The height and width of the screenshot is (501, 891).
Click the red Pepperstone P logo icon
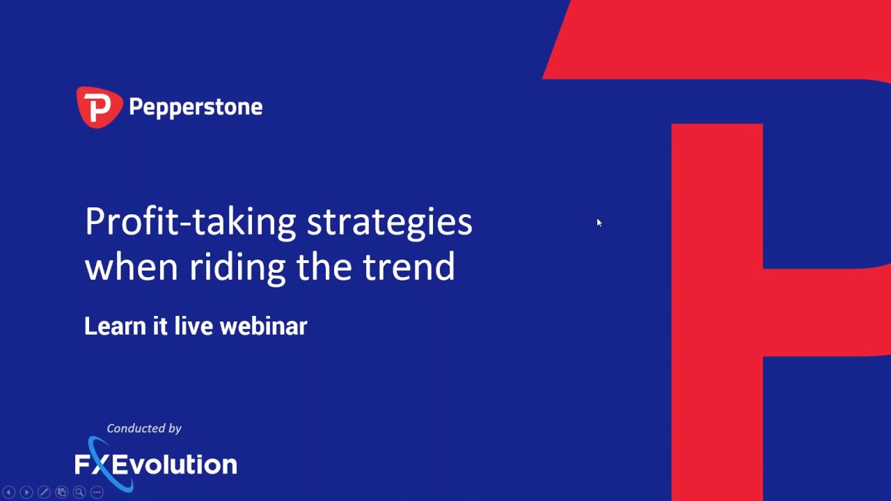[x=99, y=107]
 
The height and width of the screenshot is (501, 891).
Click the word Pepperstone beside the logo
[x=196, y=107]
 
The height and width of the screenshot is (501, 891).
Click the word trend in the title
[x=409, y=267]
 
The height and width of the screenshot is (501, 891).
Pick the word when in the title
[x=132, y=267]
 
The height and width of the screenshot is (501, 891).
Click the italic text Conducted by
[x=144, y=428]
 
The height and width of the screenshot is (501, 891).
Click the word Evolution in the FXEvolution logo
[x=175, y=464]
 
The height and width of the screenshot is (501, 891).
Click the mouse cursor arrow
[x=599, y=223]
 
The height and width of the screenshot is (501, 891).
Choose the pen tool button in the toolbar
[x=44, y=492]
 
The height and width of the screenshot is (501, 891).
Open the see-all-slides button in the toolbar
[x=61, y=492]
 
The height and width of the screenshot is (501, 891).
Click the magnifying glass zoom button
[x=79, y=492]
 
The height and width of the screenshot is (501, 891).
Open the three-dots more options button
[x=97, y=492]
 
